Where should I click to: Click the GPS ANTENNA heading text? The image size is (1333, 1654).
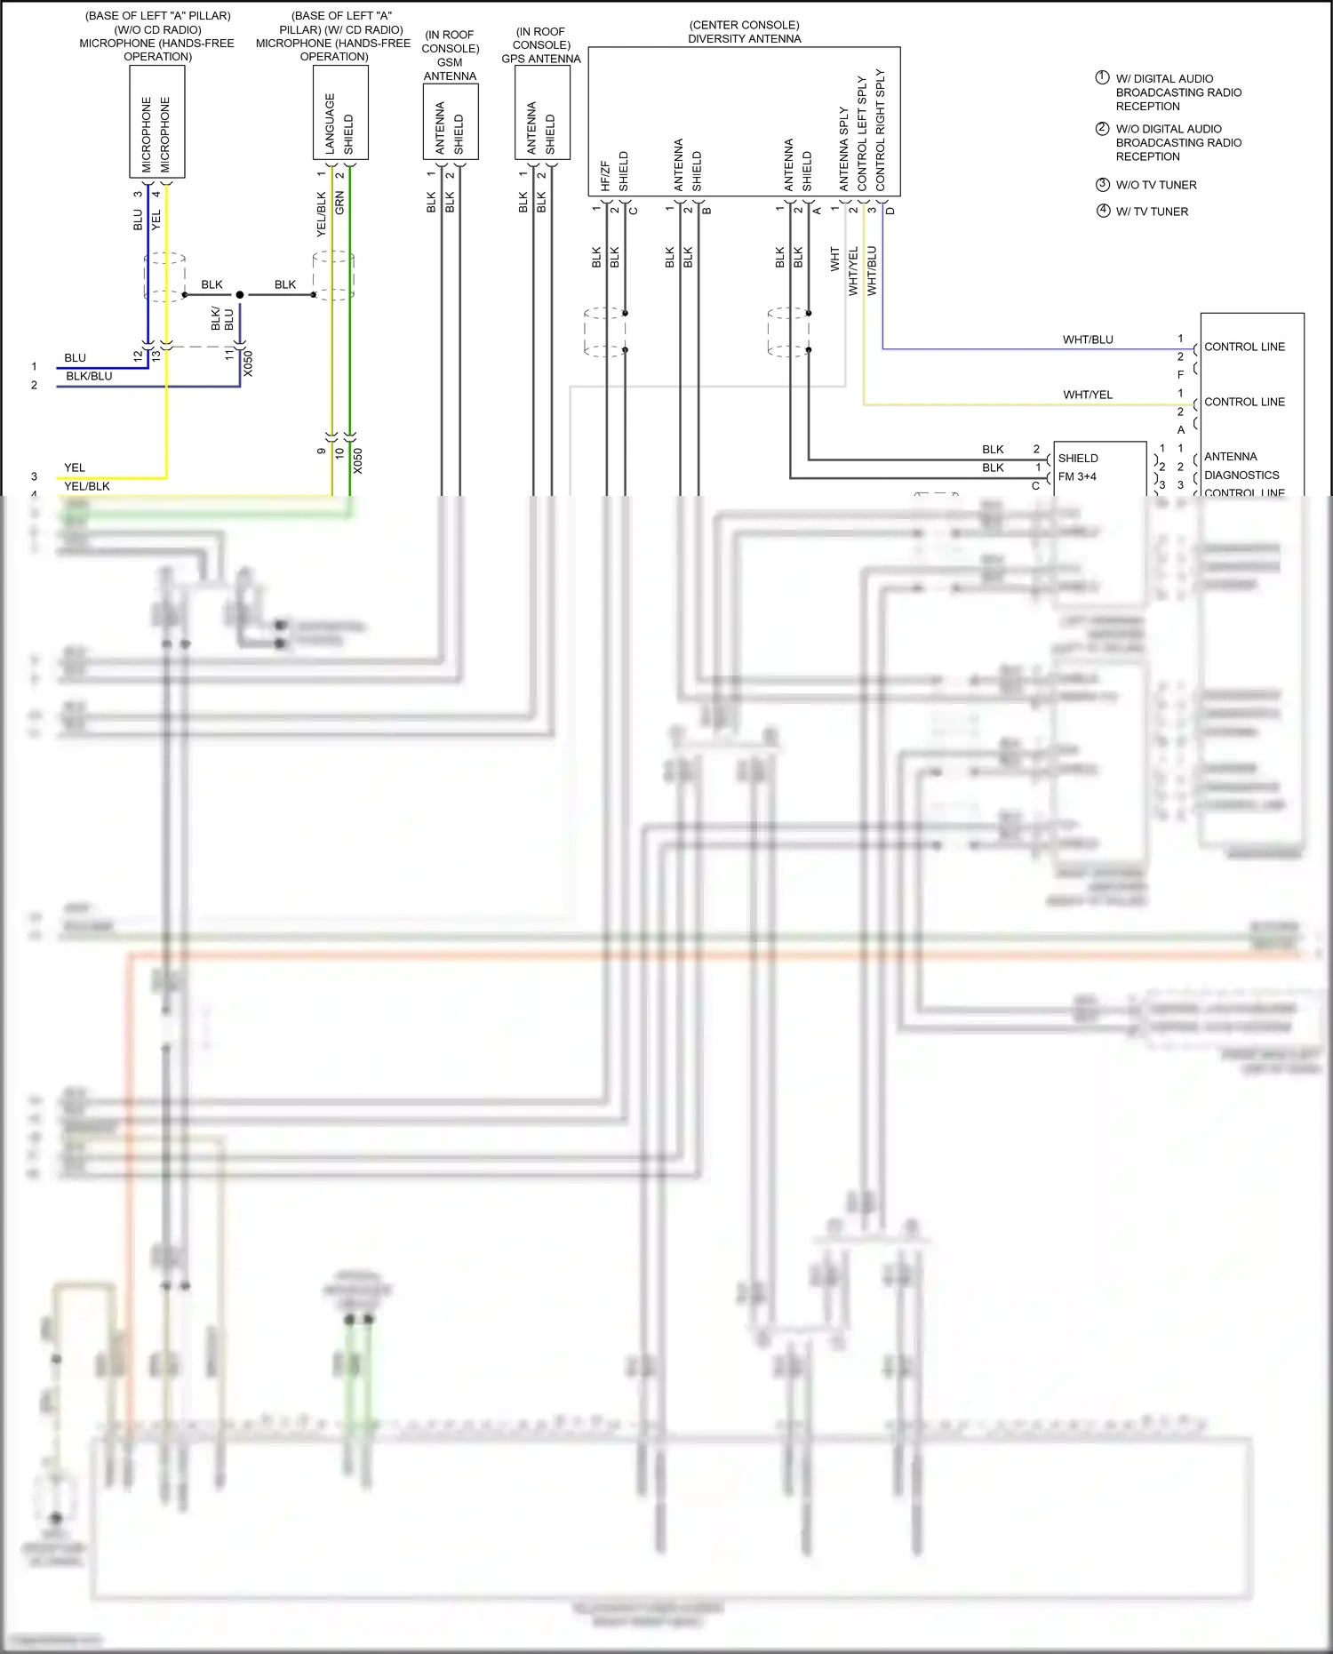click(x=540, y=59)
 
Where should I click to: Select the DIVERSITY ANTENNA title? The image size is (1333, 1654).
click(x=744, y=38)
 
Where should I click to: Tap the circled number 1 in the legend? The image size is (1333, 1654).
click(x=1102, y=77)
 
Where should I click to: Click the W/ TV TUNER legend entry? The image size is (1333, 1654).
click(x=1152, y=212)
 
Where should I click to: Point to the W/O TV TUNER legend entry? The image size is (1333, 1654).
click(x=1155, y=185)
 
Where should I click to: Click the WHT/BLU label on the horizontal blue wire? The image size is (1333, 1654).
click(x=1087, y=340)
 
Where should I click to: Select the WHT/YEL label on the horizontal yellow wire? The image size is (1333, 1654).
click(x=1087, y=395)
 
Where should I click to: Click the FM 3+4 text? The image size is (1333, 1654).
click(x=1077, y=476)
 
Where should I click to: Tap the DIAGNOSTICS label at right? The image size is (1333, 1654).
click(x=1241, y=475)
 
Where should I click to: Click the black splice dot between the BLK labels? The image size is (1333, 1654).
click(x=240, y=294)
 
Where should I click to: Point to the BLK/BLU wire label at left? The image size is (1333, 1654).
click(x=89, y=376)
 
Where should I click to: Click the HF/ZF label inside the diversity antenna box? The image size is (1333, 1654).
click(x=605, y=175)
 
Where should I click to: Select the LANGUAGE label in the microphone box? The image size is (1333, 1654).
click(x=330, y=124)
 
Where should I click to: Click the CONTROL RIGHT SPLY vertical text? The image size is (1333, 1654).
click(x=881, y=130)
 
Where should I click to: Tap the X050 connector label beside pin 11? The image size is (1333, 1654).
click(x=248, y=364)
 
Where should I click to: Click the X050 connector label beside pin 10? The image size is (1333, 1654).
click(x=357, y=460)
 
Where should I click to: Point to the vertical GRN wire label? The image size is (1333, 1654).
click(x=339, y=203)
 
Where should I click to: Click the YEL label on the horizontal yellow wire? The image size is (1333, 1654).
click(x=75, y=467)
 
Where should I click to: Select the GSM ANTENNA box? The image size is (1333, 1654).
click(x=451, y=122)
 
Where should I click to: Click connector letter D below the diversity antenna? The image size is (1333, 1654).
click(x=890, y=211)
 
